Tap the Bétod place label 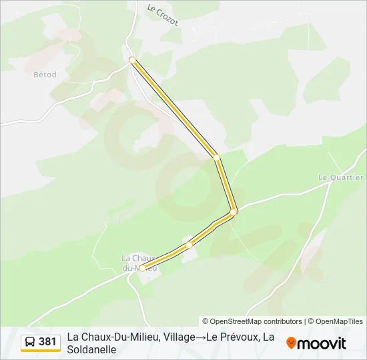pos(45,75)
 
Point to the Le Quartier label pos(340,177)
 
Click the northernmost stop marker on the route pos(133,60)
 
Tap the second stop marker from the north pos(216,157)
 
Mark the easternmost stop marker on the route pos(234,212)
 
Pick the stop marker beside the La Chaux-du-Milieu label pos(142,269)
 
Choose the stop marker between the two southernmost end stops pos(190,245)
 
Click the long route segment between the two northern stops pos(175,109)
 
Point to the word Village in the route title pos(176,337)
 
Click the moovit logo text pos(322,343)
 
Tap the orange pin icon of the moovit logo pos(291,343)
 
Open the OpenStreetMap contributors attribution pos(252,321)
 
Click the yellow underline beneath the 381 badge pos(41,351)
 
